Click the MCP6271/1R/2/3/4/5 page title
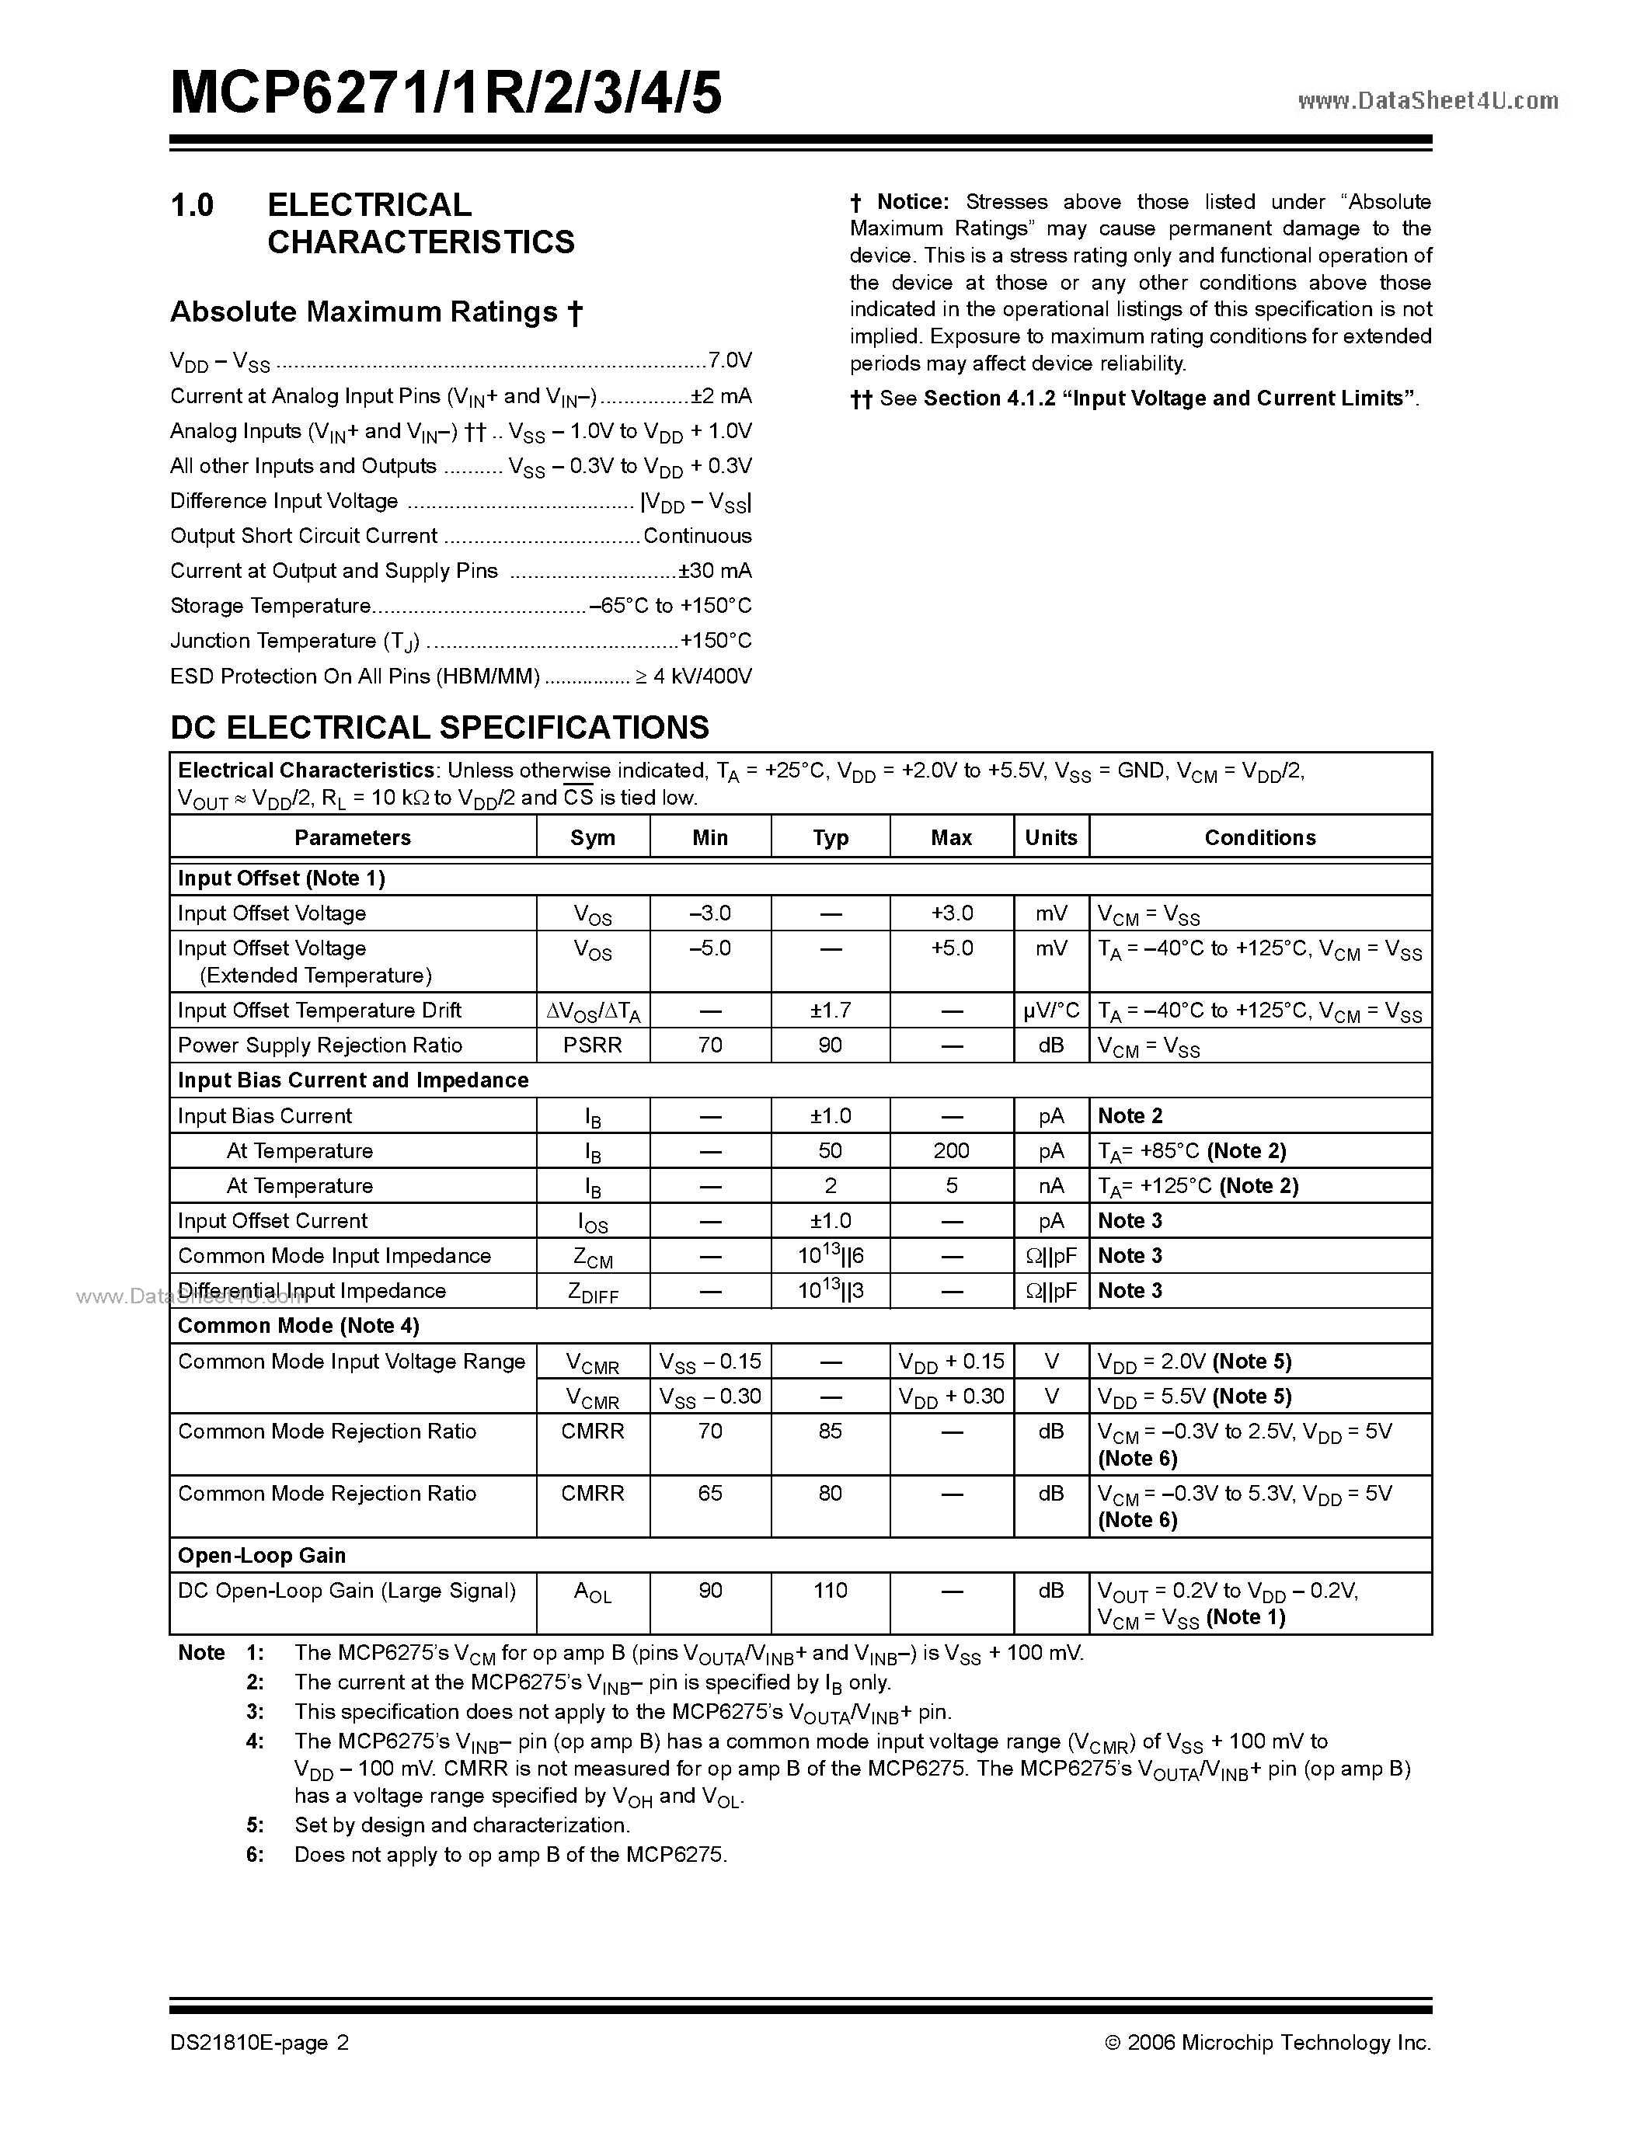pyautogui.click(x=446, y=96)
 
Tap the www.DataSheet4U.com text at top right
pyautogui.click(x=1427, y=101)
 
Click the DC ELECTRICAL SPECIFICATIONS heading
pyautogui.click(x=439, y=728)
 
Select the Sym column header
pyautogui.click(x=593, y=838)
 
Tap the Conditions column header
pyautogui.click(x=1259, y=838)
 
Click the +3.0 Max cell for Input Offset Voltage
pyautogui.click(x=952, y=913)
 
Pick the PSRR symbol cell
pyautogui.click(x=593, y=1045)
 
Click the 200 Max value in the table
pyautogui.click(x=952, y=1151)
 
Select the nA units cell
pyautogui.click(x=1051, y=1186)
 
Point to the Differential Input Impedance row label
pyautogui.click(x=312, y=1291)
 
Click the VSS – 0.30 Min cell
pyautogui.click(x=710, y=1397)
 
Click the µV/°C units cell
pyautogui.click(x=1051, y=1011)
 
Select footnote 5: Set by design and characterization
pyautogui.click(x=462, y=1825)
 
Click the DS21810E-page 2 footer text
pyautogui.click(x=259, y=2043)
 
